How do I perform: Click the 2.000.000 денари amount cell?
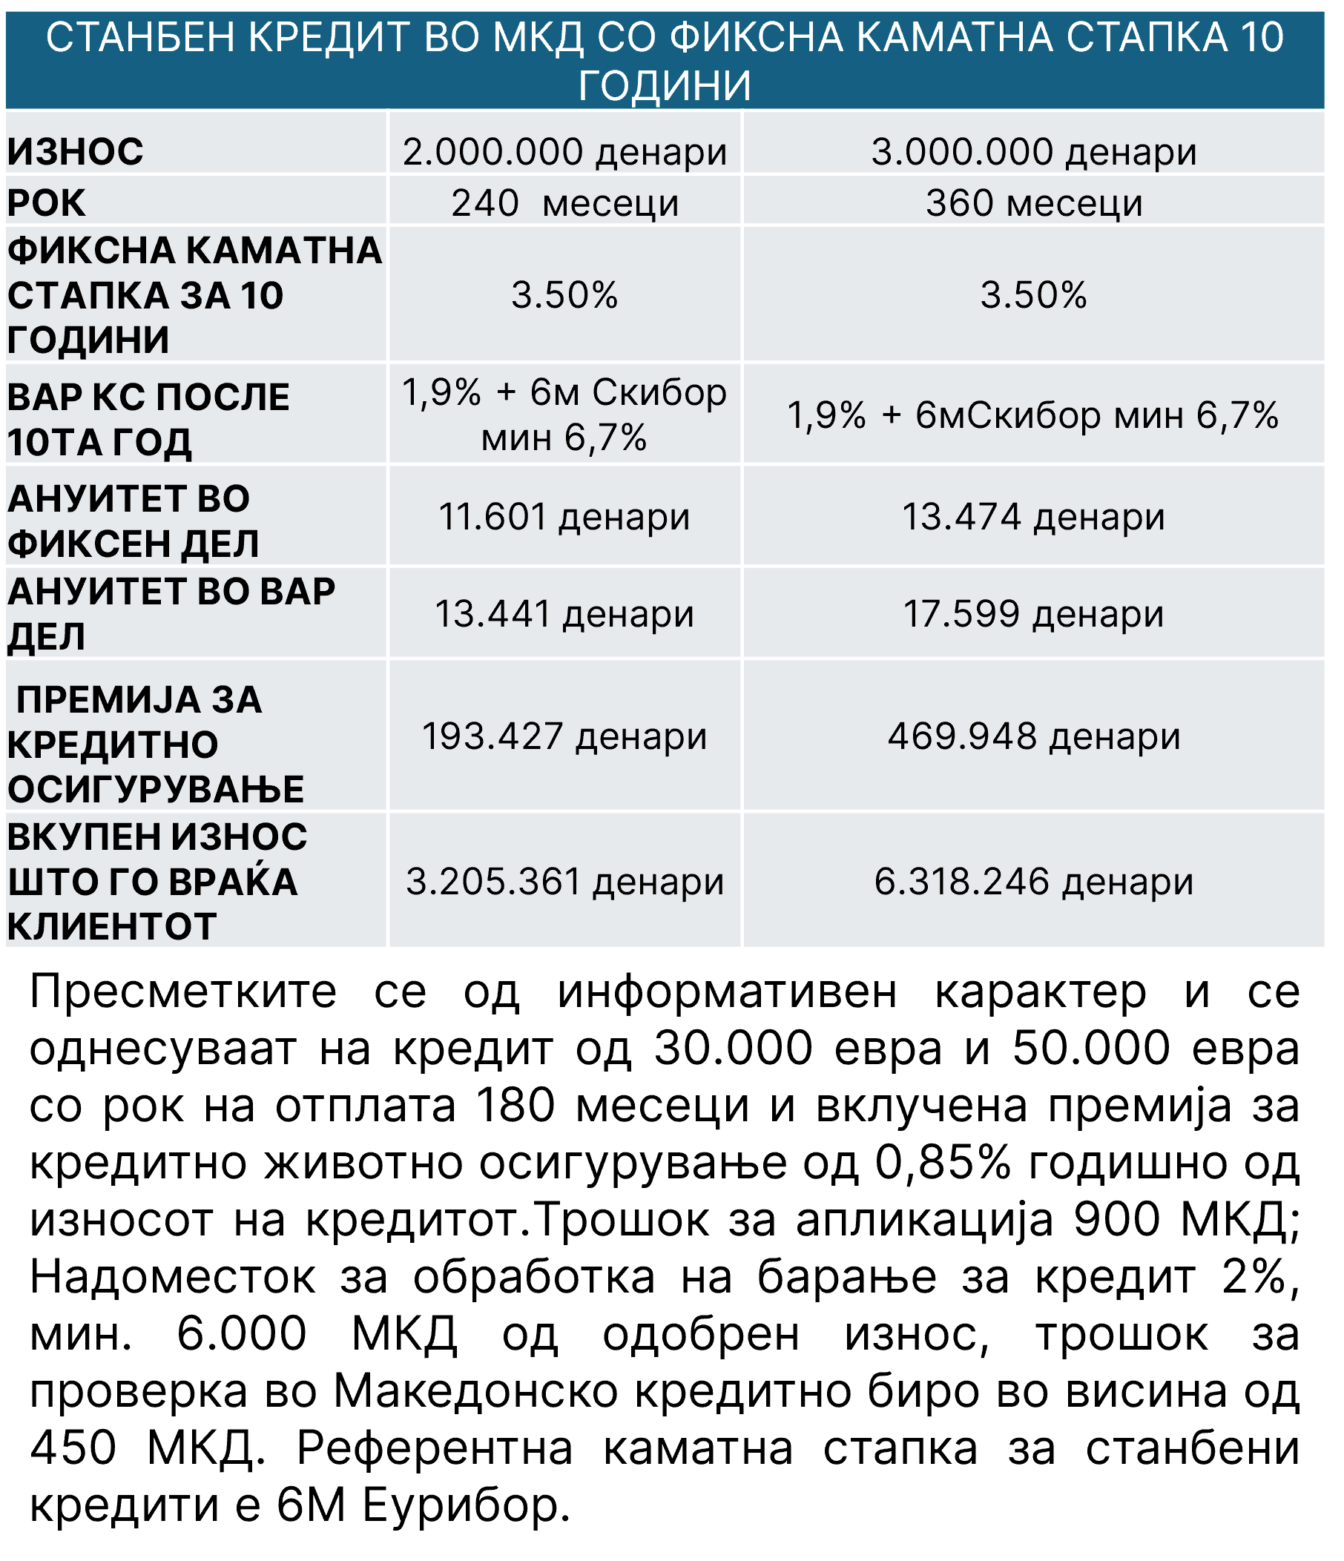[564, 151]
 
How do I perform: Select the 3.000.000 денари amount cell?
[1034, 151]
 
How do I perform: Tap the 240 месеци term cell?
[564, 203]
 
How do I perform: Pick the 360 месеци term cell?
[1034, 203]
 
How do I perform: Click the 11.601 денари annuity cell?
[564, 517]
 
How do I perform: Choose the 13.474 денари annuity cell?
[1034, 517]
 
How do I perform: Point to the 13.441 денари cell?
[564, 614]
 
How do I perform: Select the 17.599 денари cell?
[1034, 614]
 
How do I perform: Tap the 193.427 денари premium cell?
[564, 736]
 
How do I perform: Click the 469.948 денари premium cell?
[1034, 736]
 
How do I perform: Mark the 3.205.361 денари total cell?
[564, 882]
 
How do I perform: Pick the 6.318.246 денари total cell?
[1034, 882]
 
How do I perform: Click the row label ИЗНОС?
[76, 151]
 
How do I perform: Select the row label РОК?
[47, 203]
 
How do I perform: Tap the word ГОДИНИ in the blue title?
[665, 85]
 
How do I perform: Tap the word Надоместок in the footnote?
[173, 1278]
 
